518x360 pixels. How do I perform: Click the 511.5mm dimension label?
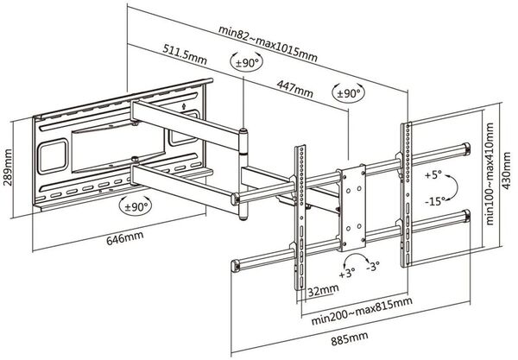[185, 54]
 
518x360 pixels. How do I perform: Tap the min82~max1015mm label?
[268, 44]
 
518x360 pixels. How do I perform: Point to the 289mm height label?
[8, 167]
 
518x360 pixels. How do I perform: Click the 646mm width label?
[125, 237]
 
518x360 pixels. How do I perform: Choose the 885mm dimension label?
[350, 339]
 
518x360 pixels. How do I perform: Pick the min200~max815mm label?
[362, 311]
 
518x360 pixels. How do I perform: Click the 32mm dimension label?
[323, 290]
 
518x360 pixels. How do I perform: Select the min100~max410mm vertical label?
[490, 174]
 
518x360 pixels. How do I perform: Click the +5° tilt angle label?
[433, 175]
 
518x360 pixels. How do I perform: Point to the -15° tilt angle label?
[435, 201]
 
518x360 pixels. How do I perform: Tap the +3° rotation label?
[347, 273]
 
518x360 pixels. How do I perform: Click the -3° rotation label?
[373, 266]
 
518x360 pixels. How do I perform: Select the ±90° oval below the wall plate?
[136, 206]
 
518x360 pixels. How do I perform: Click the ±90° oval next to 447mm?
[348, 93]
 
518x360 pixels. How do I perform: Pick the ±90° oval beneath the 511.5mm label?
[247, 62]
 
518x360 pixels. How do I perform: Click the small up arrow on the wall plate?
[184, 106]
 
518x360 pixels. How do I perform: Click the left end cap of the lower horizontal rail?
[235, 266]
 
